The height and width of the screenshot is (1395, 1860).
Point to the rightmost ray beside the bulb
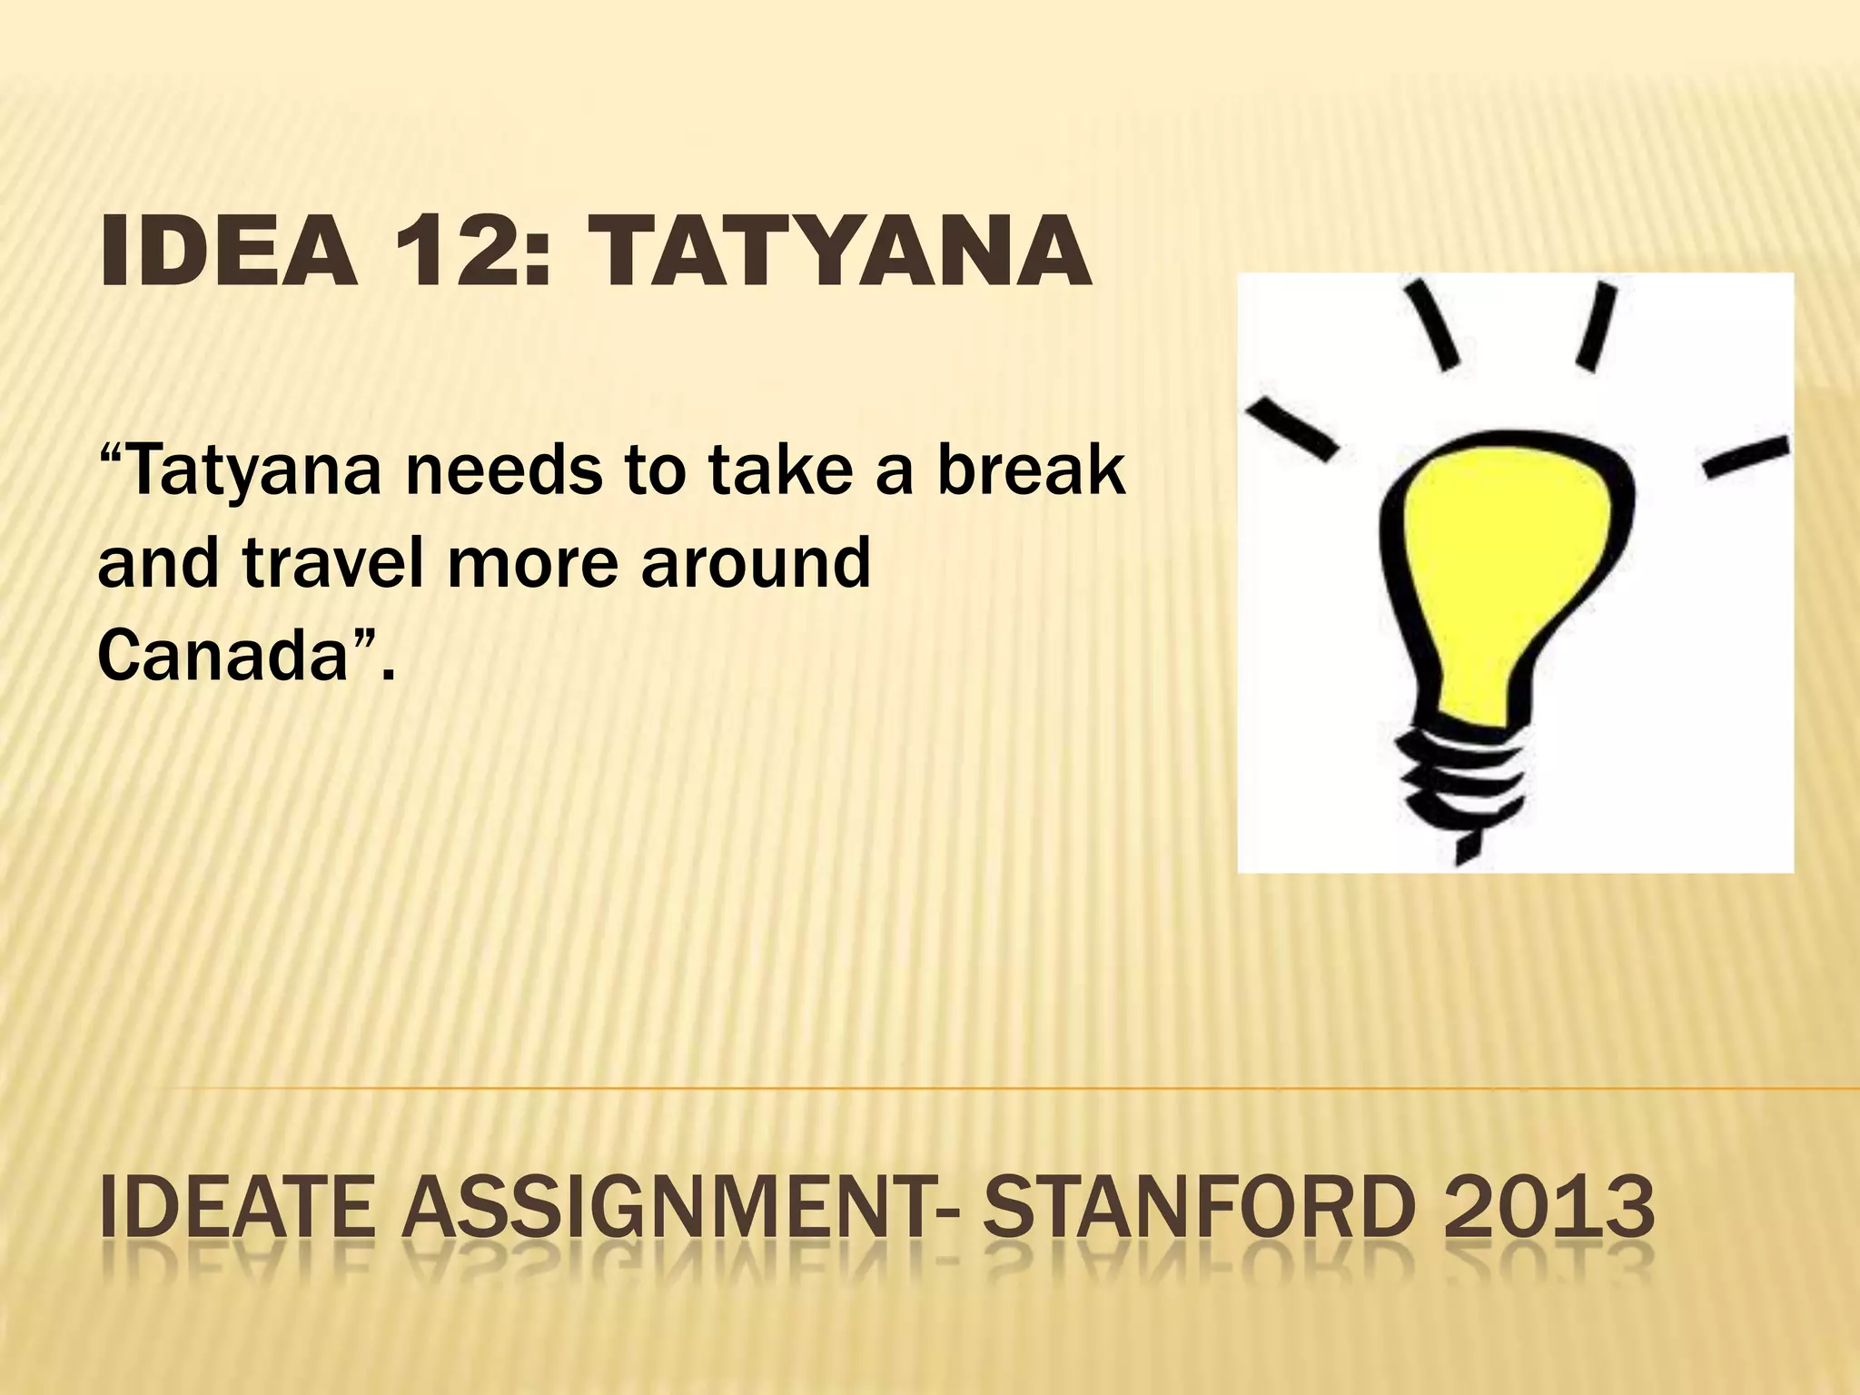[1746, 457]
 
